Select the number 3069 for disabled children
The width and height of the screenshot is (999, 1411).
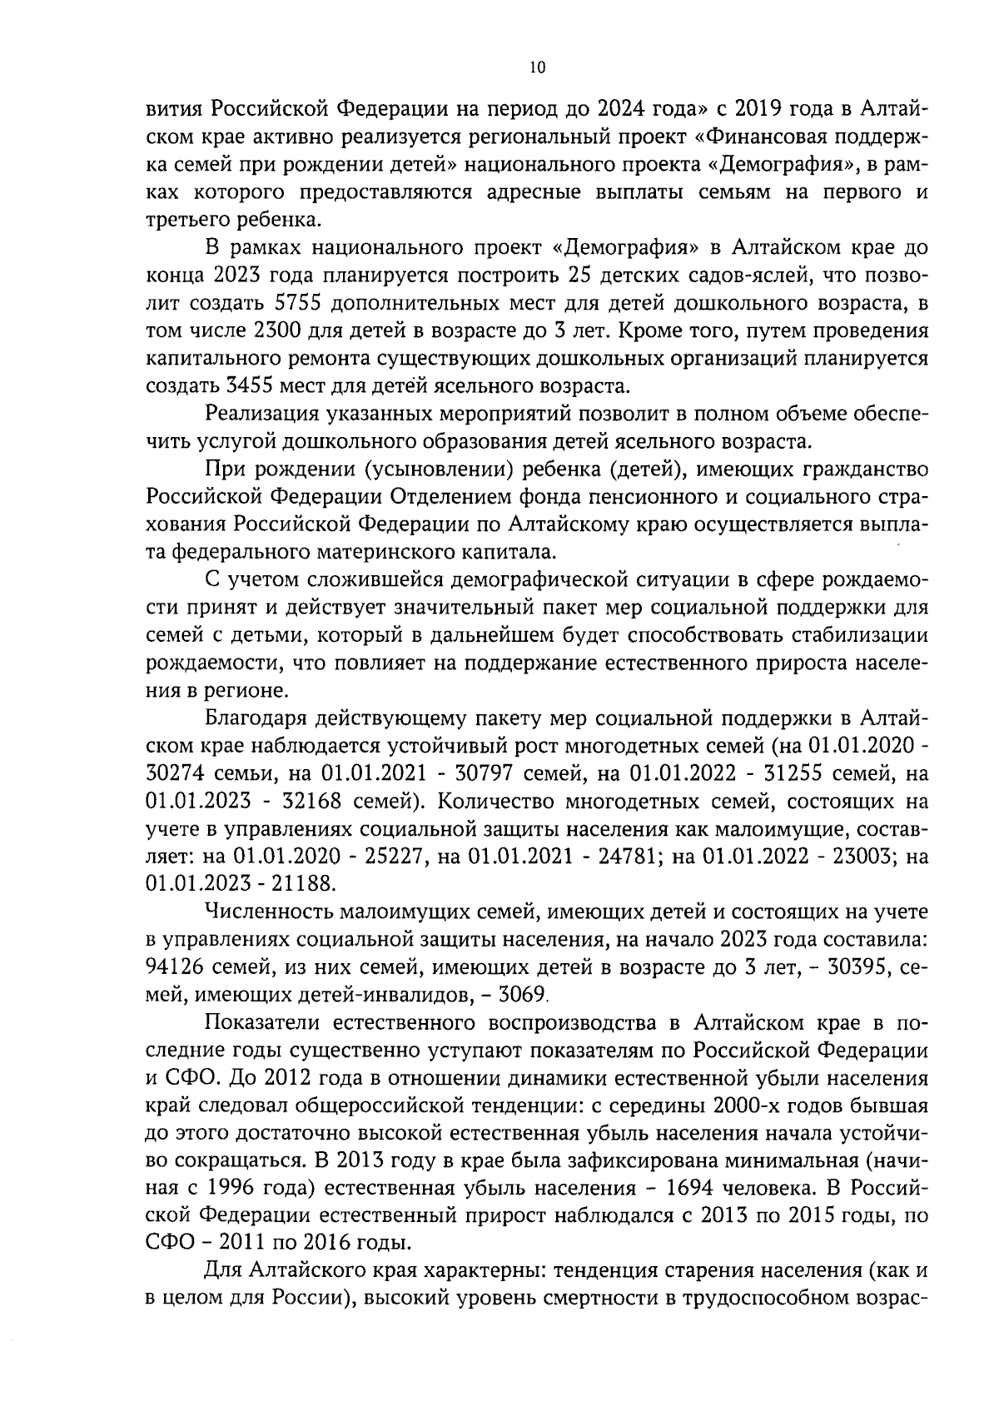pos(520,994)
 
